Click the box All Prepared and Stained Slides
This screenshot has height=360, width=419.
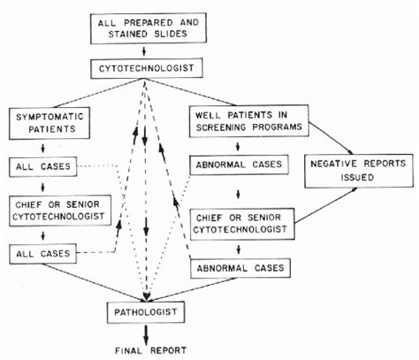[x=149, y=28]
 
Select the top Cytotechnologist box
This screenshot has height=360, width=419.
[x=147, y=68]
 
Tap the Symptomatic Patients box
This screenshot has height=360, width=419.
[x=50, y=123]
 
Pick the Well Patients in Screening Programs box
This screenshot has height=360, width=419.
[x=249, y=121]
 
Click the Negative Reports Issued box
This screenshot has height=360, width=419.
[x=359, y=171]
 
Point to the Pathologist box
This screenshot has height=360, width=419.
[x=146, y=312]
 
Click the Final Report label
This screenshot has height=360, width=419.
[x=150, y=350]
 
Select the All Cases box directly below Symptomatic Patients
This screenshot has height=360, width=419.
[x=43, y=166]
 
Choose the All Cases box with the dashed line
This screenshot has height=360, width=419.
[x=43, y=254]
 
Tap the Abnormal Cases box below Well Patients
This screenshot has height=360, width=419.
[x=239, y=165]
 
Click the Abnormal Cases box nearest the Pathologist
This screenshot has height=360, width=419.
[x=240, y=268]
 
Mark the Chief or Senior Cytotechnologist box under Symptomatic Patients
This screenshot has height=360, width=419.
[x=60, y=211]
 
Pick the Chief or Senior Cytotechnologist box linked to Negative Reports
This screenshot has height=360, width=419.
[x=242, y=224]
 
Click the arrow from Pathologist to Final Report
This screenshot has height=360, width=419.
[x=146, y=334]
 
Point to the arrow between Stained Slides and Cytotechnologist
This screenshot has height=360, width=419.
[x=144, y=51]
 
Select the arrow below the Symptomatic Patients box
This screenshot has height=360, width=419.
[x=43, y=148]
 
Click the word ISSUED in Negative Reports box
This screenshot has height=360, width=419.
[x=357, y=177]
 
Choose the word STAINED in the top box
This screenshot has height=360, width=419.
[x=128, y=34]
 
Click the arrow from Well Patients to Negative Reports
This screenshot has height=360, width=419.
[x=331, y=138]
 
